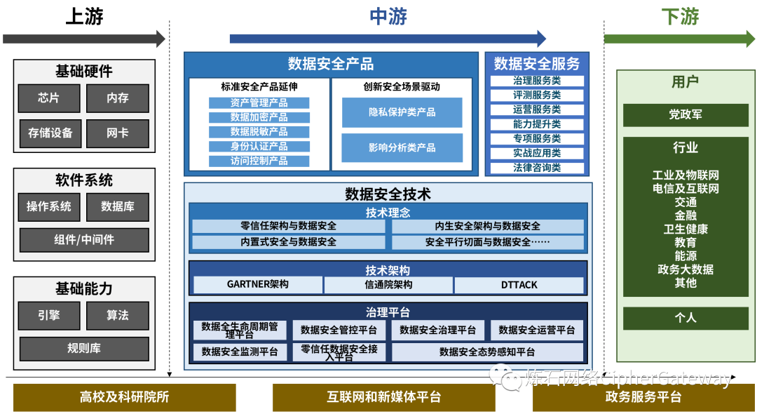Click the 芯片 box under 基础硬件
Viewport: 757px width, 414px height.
click(x=49, y=98)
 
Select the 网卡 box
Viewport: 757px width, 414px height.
click(x=118, y=133)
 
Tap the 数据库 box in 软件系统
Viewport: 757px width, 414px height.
click(x=118, y=207)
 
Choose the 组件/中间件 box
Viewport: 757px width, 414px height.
click(x=84, y=240)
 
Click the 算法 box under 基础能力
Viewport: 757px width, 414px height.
click(x=118, y=316)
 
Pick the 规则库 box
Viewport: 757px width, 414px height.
click(x=84, y=349)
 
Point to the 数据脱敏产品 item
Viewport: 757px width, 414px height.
click(x=259, y=132)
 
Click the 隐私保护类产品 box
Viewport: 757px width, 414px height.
click(x=402, y=112)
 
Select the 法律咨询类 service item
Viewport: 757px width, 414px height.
click(x=537, y=168)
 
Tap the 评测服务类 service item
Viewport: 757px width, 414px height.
click(x=537, y=95)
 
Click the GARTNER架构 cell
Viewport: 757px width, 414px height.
click(x=258, y=285)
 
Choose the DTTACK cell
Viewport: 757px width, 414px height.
click(x=519, y=285)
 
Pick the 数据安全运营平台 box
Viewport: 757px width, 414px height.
click(x=537, y=330)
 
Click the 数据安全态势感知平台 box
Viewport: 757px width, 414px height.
click(x=487, y=352)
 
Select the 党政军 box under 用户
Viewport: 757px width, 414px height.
click(x=686, y=114)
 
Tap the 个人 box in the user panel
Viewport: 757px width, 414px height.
click(x=686, y=318)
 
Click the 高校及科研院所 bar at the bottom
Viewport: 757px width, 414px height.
click(x=125, y=397)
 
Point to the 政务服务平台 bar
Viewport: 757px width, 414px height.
click(x=643, y=397)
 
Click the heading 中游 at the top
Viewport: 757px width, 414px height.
click(x=388, y=17)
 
